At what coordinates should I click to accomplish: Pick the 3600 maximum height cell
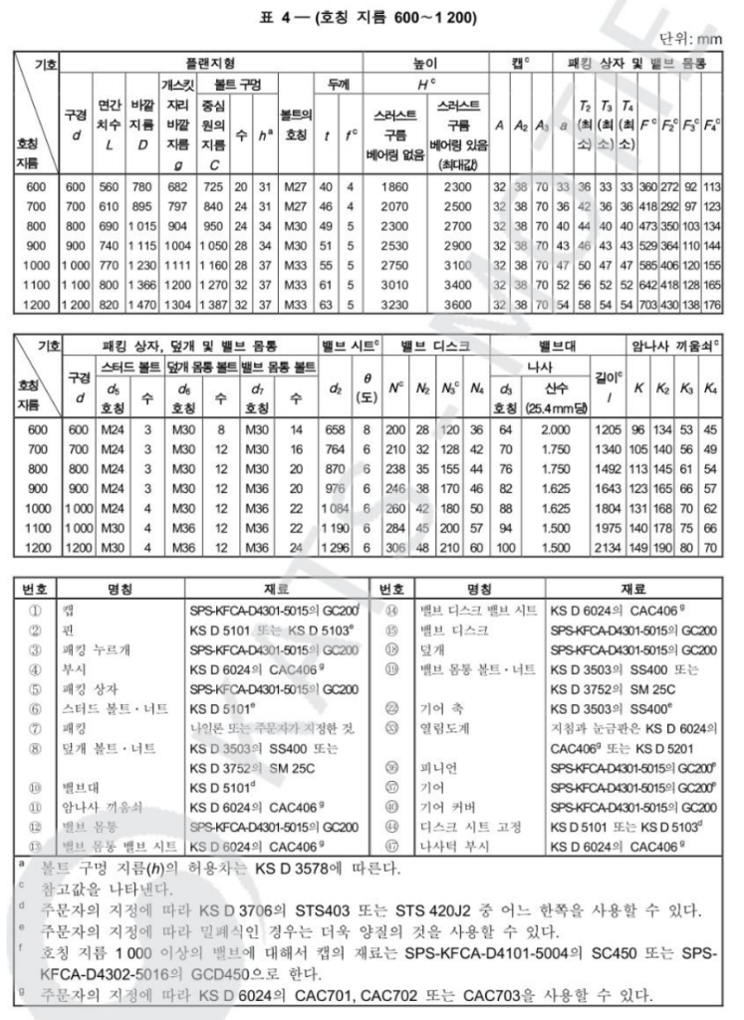(457, 303)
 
